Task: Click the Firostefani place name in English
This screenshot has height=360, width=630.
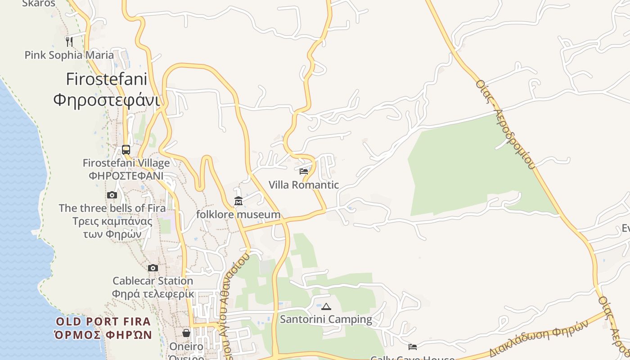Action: pos(107,79)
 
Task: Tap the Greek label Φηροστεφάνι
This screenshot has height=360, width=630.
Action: pos(107,99)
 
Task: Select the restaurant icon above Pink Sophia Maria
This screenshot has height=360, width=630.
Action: pos(69,41)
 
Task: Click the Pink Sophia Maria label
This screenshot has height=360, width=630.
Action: pos(69,55)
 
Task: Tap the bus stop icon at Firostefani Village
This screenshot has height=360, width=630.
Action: pos(126,149)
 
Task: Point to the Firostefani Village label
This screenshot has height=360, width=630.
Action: pos(126,163)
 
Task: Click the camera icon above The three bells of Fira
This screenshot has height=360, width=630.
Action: pos(112,195)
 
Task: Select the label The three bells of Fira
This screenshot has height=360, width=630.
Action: pos(112,208)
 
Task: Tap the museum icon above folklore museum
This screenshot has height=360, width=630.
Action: pos(238,201)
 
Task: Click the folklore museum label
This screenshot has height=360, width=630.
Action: pos(238,215)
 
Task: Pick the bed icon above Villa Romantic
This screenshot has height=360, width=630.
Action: pos(304,171)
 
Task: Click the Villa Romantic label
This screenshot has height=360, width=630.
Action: pos(304,185)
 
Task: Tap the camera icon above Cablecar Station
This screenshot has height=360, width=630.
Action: pos(153,268)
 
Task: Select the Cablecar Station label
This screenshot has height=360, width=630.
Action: pos(153,281)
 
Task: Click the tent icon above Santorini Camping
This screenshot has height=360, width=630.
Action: pos(326,306)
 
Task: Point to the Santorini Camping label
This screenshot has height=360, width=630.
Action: pos(326,319)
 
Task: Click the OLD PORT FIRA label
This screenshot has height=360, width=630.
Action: pos(103,322)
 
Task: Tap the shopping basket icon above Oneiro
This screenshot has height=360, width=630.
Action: pos(186,333)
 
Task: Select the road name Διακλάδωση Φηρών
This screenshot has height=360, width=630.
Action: pos(539,338)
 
